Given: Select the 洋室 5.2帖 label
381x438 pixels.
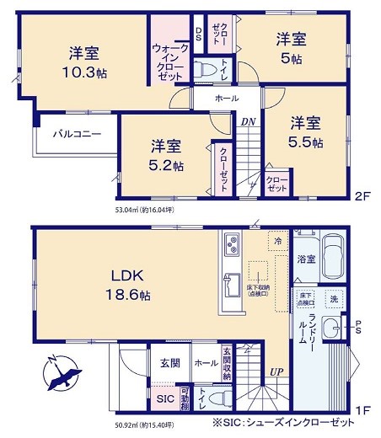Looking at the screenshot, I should tap(167, 155).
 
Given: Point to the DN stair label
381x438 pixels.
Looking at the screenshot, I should tap(249, 121).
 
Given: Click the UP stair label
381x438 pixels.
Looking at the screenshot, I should tap(276, 371).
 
